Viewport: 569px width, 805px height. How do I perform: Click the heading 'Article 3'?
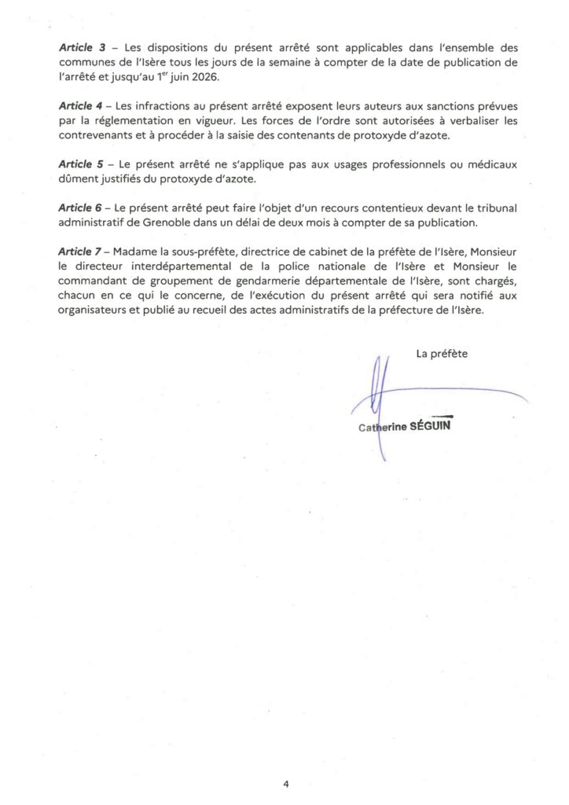(x=83, y=47)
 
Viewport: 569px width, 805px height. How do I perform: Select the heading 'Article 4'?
(x=83, y=105)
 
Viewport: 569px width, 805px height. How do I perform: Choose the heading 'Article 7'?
(x=83, y=251)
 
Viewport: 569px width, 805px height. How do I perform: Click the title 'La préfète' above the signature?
(x=442, y=354)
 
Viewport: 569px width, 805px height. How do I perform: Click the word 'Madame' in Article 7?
(x=137, y=251)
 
